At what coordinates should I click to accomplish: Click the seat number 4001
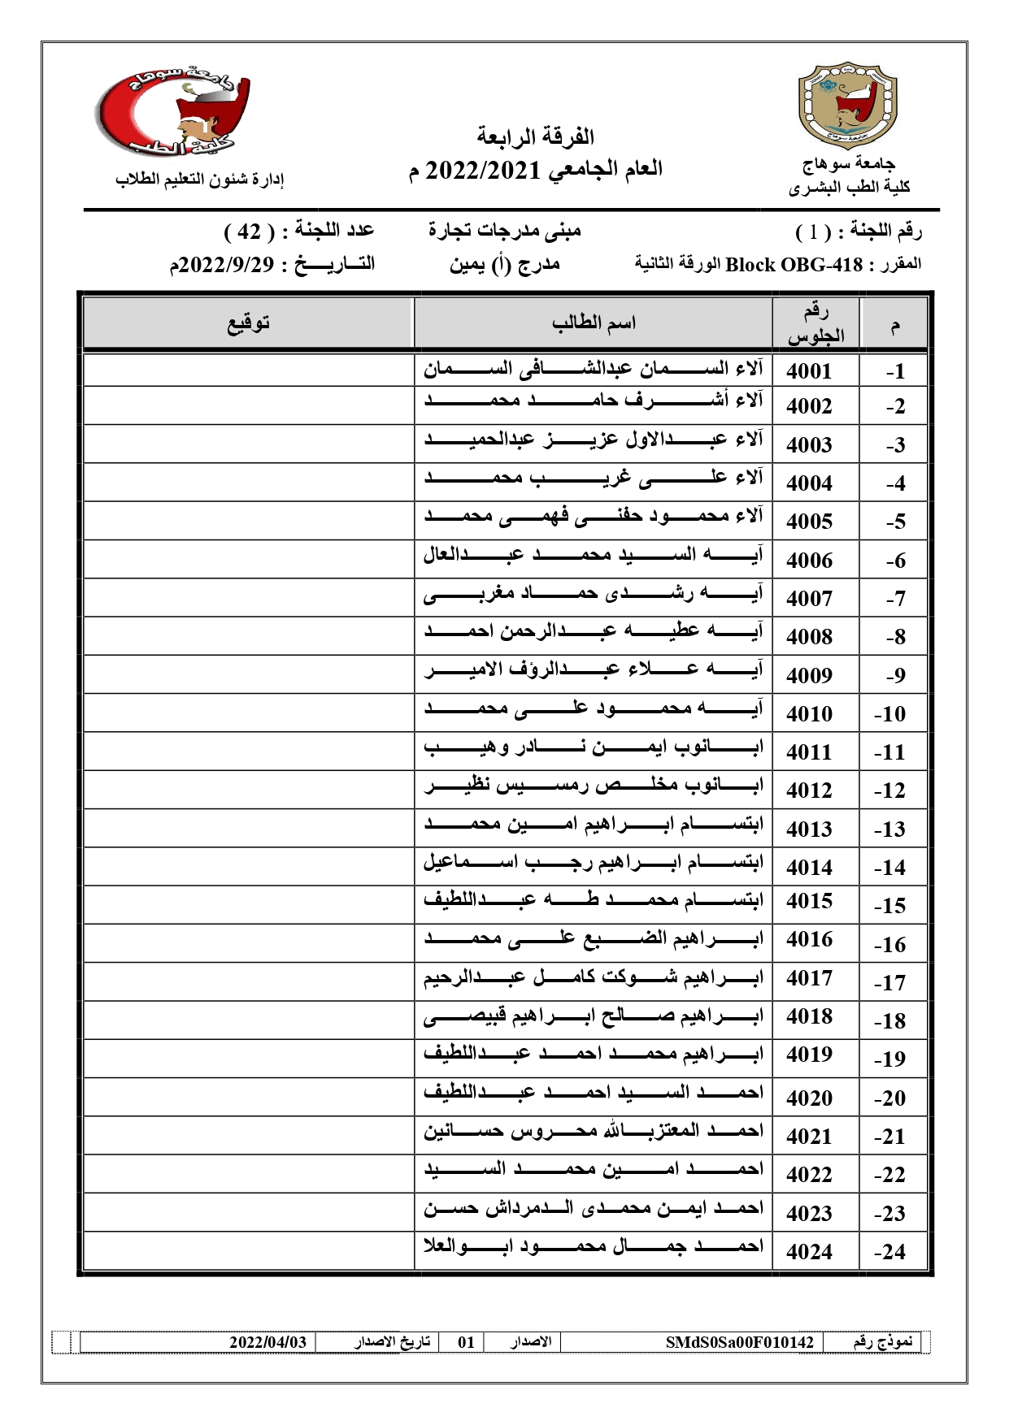[x=809, y=371]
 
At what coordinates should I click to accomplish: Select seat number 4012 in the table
[x=809, y=790]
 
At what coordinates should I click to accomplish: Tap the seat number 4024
[x=809, y=1252]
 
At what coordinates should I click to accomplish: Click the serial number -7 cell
[x=894, y=599]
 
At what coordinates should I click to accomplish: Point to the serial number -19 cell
[x=889, y=1059]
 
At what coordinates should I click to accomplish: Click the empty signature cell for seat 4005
[x=248, y=520]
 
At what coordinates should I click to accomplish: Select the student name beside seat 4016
[x=593, y=940]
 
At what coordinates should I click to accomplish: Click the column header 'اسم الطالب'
[x=594, y=323]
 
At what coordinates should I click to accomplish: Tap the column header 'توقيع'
[x=248, y=323]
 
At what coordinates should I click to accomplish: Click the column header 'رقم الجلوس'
[x=815, y=323]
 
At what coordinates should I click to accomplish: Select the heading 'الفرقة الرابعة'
[x=535, y=136]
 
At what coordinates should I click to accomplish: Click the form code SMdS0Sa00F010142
[x=739, y=1341]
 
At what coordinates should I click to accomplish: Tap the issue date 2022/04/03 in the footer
[x=267, y=1341]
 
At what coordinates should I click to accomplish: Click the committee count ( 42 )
[x=248, y=232]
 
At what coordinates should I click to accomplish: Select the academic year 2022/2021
[x=484, y=170]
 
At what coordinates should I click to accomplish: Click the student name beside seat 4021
[x=593, y=1132]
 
